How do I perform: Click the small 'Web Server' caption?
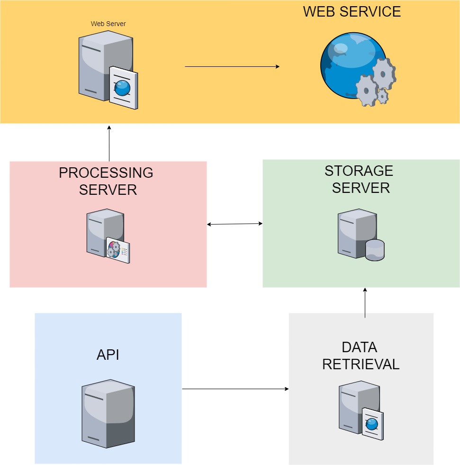(x=108, y=23)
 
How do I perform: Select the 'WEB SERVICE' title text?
(x=352, y=11)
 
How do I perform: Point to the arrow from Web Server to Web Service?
(x=232, y=66)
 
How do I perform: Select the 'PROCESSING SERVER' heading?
(x=107, y=181)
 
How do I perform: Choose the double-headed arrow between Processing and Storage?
(x=235, y=224)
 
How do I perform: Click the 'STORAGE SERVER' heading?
(x=360, y=179)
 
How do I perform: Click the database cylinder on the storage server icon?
(x=375, y=250)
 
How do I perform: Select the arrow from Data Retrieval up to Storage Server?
(x=365, y=302)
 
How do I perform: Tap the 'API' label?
(x=108, y=355)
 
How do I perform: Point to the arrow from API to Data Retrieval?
(x=235, y=389)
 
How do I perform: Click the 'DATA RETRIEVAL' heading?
(x=360, y=356)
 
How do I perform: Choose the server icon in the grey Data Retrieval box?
(x=360, y=410)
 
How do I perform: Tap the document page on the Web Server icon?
(x=124, y=88)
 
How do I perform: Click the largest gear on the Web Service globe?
(x=384, y=73)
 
